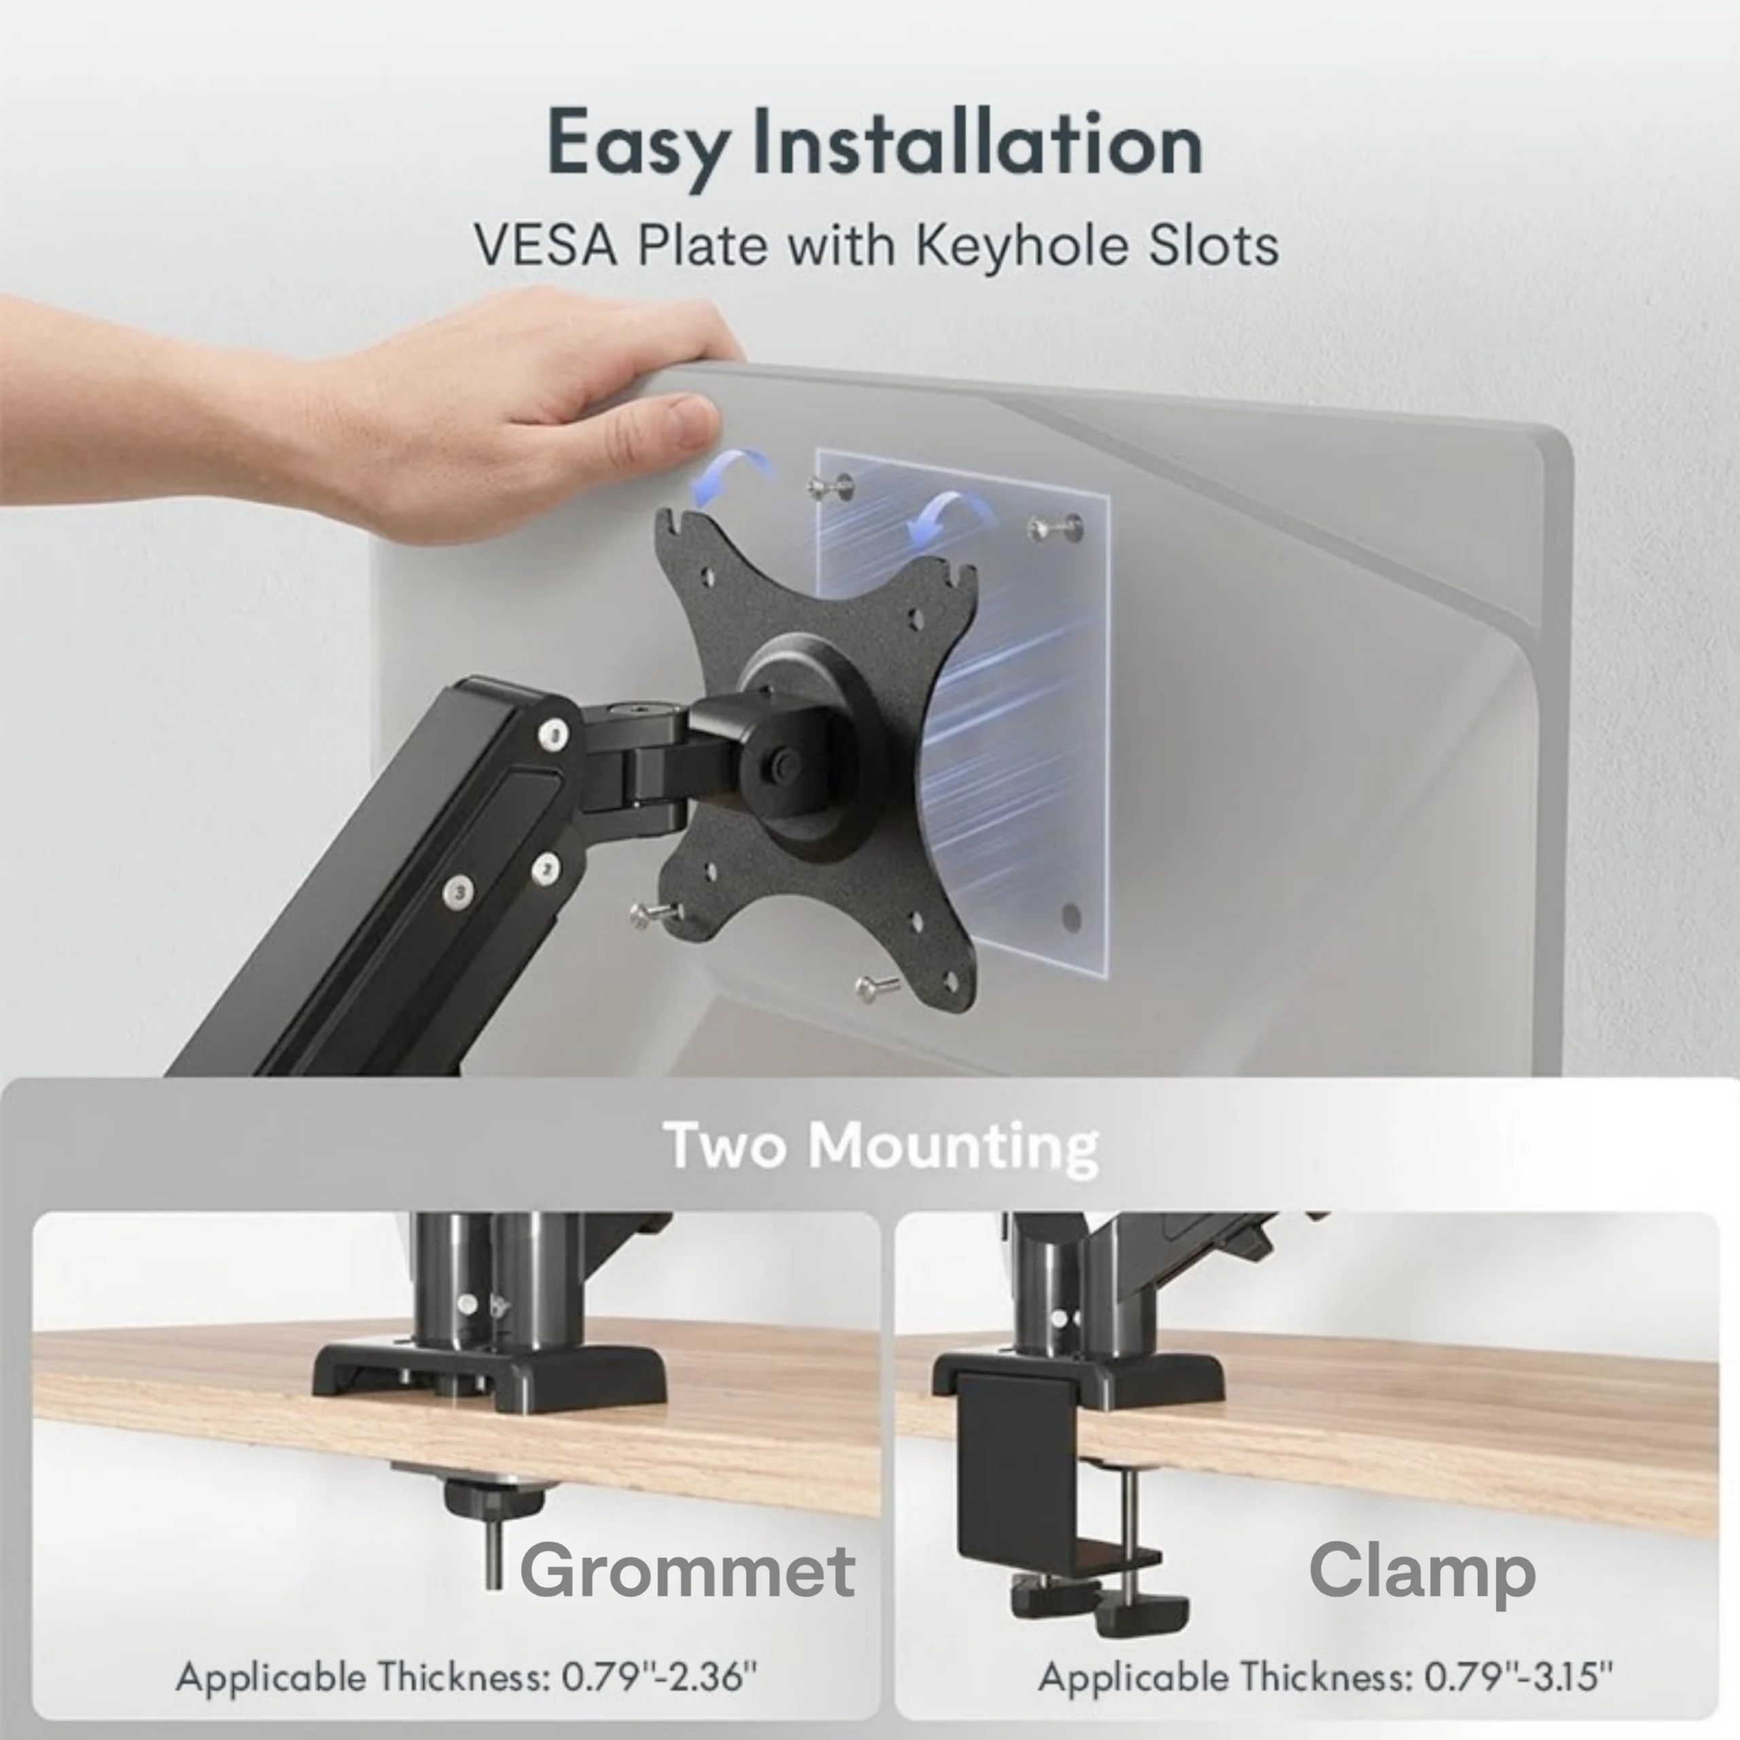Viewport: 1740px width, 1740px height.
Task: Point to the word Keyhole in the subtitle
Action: (x=1020, y=245)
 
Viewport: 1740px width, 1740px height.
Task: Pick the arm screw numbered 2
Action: (x=546, y=869)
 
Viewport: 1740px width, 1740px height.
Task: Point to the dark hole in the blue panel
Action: (x=1071, y=918)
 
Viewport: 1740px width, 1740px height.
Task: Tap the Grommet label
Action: (x=687, y=1570)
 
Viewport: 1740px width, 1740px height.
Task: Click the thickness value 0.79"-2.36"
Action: (x=659, y=1677)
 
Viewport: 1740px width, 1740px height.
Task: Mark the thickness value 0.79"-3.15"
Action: (x=1518, y=1677)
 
